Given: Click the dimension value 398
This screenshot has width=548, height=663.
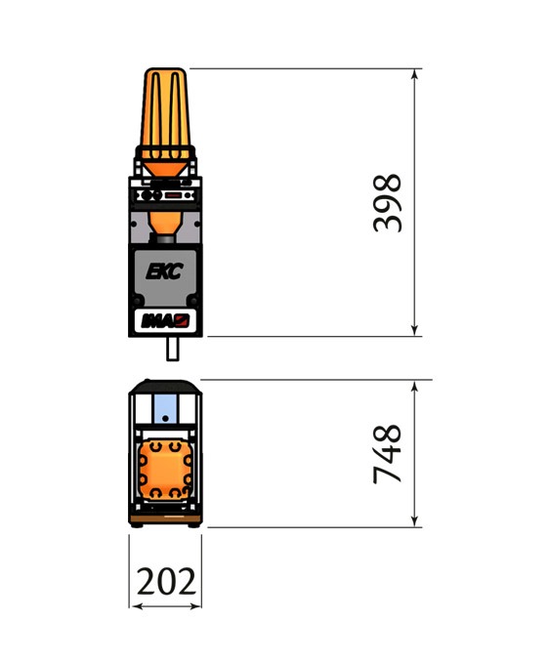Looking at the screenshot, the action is tap(387, 203).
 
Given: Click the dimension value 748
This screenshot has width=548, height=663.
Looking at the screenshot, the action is tap(387, 454).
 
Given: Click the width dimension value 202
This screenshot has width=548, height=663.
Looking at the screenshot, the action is tap(166, 581).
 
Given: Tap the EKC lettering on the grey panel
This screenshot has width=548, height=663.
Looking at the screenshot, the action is tap(164, 271).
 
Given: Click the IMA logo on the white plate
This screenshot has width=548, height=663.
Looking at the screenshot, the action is tap(165, 321).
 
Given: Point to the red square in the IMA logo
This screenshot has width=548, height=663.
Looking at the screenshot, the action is tap(183, 320).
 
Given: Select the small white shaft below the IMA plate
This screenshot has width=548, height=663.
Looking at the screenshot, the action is tap(173, 349).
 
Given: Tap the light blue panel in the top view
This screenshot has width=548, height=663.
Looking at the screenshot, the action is tap(165, 408).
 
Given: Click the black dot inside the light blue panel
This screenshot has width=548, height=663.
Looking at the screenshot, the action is tap(165, 418).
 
